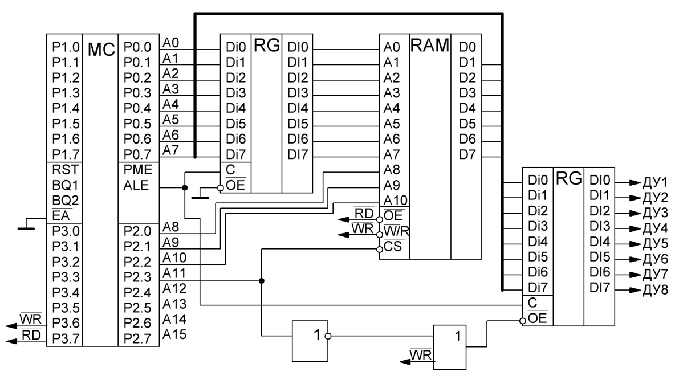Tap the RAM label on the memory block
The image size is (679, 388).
click(430, 47)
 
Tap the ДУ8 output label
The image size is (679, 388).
click(656, 291)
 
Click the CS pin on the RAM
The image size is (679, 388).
click(392, 247)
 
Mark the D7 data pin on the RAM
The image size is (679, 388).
click(467, 154)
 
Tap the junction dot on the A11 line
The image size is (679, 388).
click(261, 281)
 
